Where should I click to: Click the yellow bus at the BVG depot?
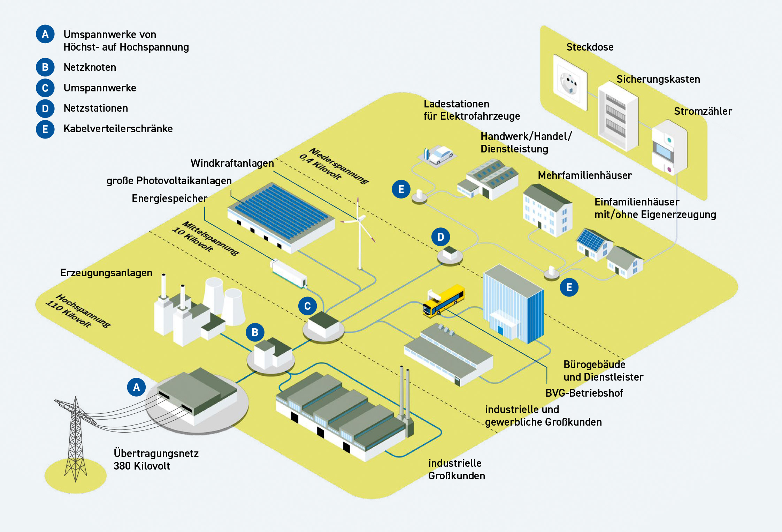coord(444,300)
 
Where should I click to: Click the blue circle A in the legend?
coord(45,34)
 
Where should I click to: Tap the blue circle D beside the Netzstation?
coord(440,237)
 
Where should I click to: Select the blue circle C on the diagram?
coord(307,306)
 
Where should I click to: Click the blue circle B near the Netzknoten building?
coord(255,332)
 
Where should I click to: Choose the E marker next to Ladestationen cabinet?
coord(401,189)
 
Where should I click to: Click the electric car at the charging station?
coord(441,155)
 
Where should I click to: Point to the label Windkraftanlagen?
coord(232,163)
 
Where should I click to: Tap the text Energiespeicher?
coord(169,198)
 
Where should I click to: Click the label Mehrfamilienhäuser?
coord(584,175)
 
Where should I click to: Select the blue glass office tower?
coord(514,304)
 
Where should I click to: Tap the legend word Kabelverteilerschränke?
coord(118,129)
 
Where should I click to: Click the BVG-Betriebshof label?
coord(584,393)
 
